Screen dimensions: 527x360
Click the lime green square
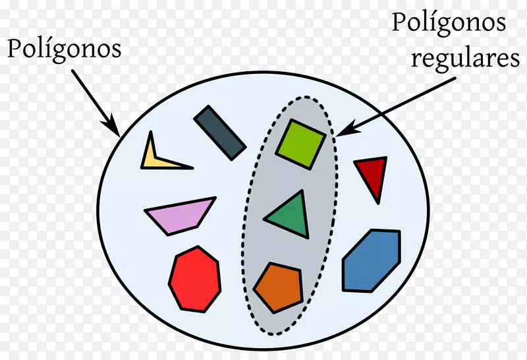(x=301, y=144)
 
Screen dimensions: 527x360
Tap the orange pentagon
(x=279, y=287)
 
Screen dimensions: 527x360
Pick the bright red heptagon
(x=195, y=280)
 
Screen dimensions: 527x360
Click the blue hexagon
(x=372, y=260)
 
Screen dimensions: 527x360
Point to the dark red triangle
(x=373, y=175)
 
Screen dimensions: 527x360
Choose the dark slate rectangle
(x=220, y=133)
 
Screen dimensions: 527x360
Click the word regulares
(x=466, y=59)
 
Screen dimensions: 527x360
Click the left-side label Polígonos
(x=64, y=49)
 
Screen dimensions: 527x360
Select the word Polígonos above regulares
(x=449, y=23)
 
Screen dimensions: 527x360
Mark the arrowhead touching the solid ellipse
(x=113, y=128)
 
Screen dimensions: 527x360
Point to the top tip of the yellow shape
(x=151, y=132)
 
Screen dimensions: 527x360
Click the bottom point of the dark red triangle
(x=378, y=203)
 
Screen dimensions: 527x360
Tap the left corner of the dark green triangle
(x=264, y=220)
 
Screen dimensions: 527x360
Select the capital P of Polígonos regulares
(x=399, y=22)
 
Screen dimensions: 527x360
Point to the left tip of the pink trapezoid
(x=145, y=210)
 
